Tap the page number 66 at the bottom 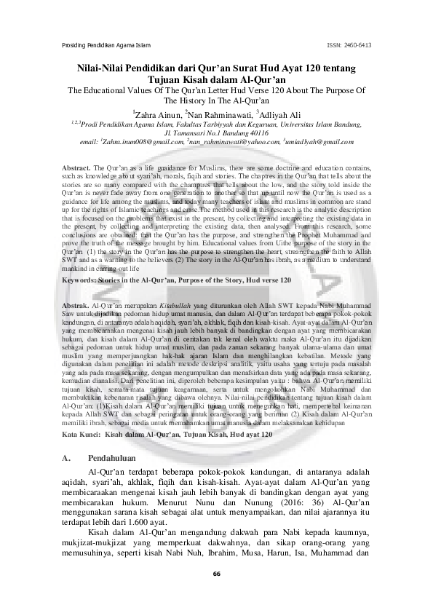click(216, 574)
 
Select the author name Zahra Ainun click(158, 114)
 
